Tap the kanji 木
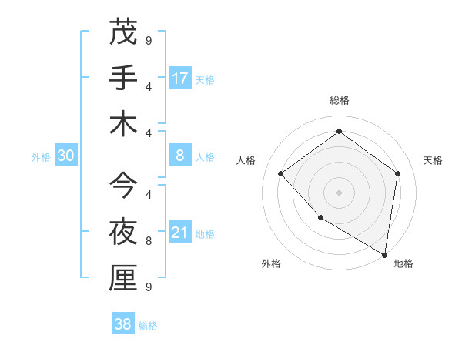tap(122, 124)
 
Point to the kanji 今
tap(122, 185)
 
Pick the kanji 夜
tap(122, 232)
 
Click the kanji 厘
tap(122, 278)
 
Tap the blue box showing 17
tap(180, 79)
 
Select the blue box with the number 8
tap(180, 156)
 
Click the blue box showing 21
tap(180, 233)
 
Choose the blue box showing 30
tap(66, 156)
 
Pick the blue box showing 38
tap(123, 325)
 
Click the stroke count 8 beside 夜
tap(148, 240)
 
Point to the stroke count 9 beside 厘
tap(148, 287)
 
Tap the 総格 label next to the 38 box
tap(148, 326)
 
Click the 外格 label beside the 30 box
tap(41, 156)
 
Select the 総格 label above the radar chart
tap(339, 100)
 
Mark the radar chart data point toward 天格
tap(397, 173)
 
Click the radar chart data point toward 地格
tap(384, 253)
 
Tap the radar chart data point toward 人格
tap(281, 173)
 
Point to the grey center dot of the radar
tap(339, 192)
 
